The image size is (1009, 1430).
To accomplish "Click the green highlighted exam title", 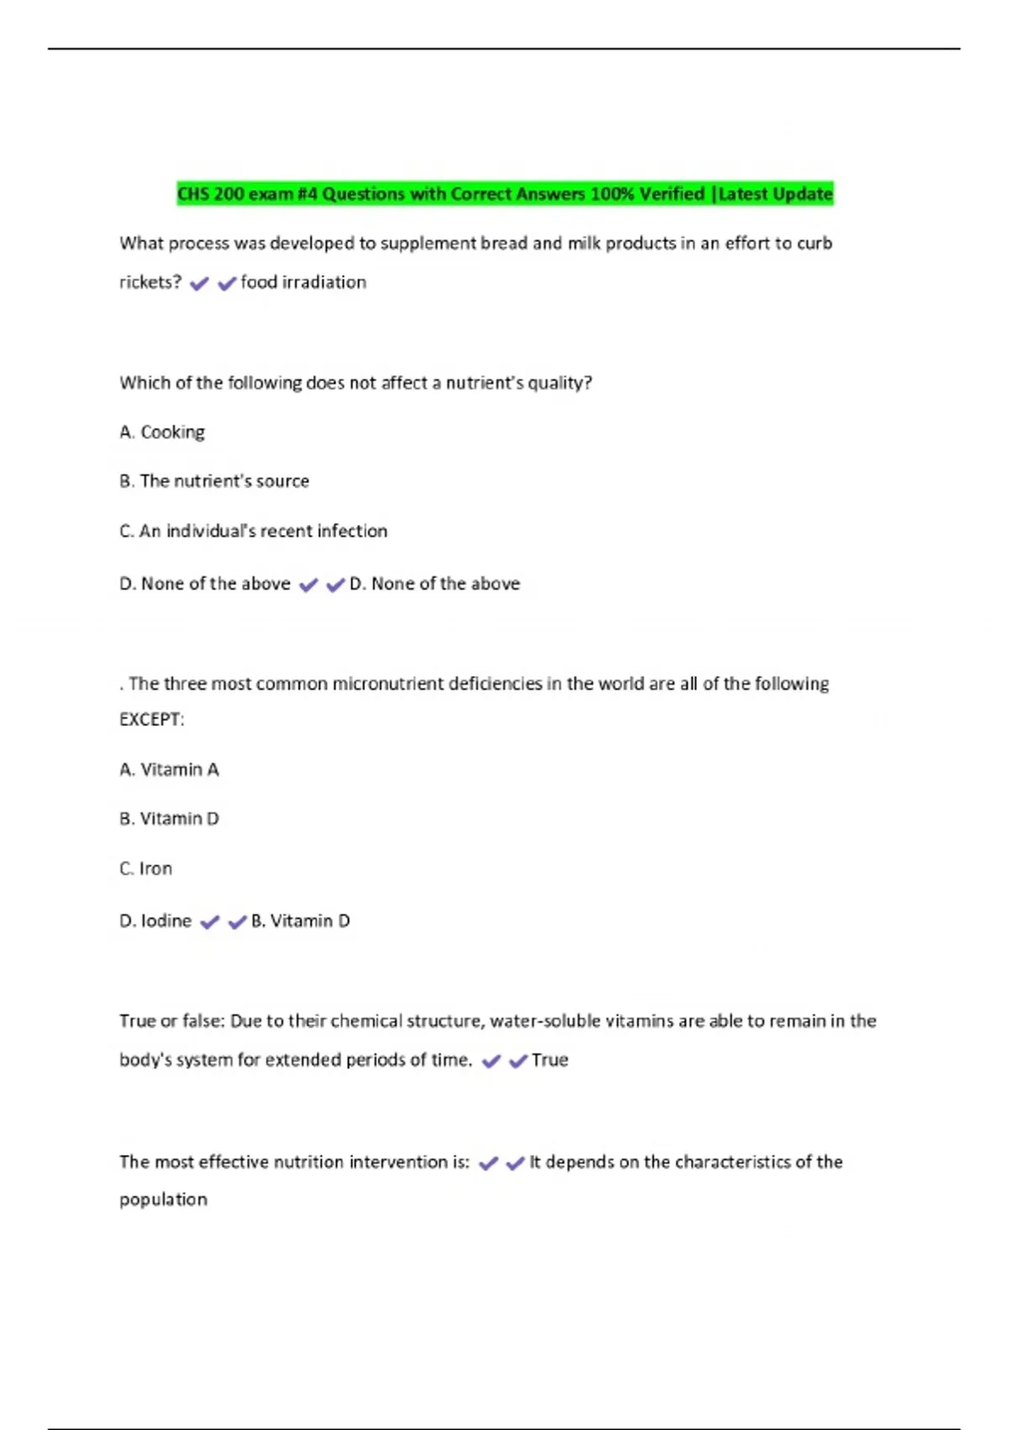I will (504, 193).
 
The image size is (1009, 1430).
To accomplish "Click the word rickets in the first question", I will (150, 283).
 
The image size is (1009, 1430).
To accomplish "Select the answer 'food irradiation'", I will (303, 283).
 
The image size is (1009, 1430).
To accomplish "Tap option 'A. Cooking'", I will (162, 432).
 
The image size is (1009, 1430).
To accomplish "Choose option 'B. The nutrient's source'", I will (214, 481).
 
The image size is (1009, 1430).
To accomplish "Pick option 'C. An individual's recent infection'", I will (253, 531).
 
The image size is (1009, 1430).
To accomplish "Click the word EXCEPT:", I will (151, 720).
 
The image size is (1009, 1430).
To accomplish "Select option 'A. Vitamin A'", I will (169, 770).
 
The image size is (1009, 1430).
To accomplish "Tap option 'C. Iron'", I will (145, 869).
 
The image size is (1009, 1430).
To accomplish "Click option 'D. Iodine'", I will (156, 921).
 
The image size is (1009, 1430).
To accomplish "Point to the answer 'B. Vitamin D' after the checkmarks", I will (300, 921).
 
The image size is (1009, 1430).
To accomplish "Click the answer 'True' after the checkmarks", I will (550, 1060).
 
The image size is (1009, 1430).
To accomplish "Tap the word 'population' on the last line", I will (163, 1200).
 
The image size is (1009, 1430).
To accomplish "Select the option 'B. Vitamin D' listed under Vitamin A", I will (169, 819).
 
